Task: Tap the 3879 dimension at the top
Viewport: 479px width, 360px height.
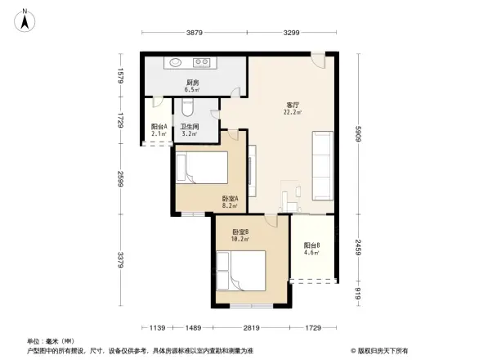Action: pos(194,33)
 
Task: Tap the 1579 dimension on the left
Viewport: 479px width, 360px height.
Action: pos(120,76)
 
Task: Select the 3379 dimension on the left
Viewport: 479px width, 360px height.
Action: pos(120,260)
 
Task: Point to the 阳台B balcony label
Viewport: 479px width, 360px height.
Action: pos(311,248)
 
